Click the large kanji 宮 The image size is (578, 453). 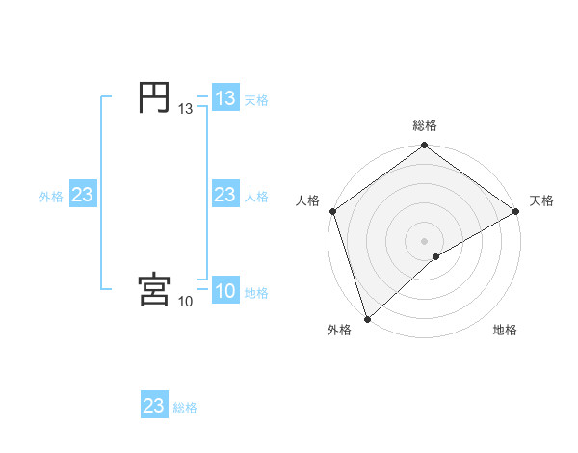(x=155, y=289)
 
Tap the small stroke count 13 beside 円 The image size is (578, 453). (x=186, y=110)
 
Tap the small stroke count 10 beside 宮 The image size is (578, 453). (x=186, y=302)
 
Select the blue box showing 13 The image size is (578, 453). (x=225, y=98)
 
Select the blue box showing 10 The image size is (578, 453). (x=225, y=292)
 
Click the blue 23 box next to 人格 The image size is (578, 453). (x=225, y=195)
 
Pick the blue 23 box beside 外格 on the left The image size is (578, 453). (x=83, y=195)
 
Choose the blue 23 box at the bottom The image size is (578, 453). (x=154, y=406)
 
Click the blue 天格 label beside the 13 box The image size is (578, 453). (x=256, y=99)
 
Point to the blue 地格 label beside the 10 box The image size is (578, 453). (x=256, y=293)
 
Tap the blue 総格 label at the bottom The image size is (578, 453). (x=185, y=408)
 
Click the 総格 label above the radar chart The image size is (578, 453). (x=425, y=125)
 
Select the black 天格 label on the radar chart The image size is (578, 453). (x=541, y=200)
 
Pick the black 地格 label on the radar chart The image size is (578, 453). (x=505, y=330)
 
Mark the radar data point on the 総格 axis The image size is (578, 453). (x=425, y=147)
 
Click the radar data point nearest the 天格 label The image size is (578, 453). (x=515, y=211)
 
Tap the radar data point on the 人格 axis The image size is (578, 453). (x=333, y=211)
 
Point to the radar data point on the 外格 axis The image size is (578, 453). (x=368, y=318)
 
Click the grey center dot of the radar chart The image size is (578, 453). (x=425, y=240)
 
